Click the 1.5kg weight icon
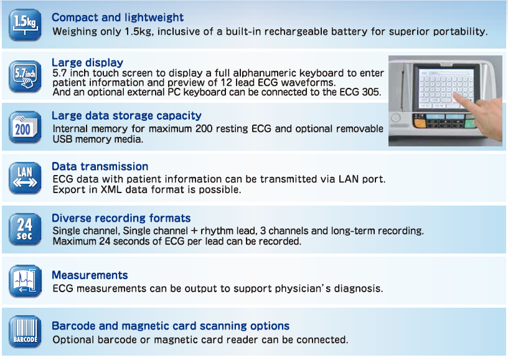point(25,25)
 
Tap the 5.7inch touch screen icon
point(25,76)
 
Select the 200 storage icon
point(25,127)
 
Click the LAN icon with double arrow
point(25,178)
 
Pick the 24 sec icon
point(25,229)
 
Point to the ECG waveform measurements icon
point(25,281)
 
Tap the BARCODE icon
point(25,331)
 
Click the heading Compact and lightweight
point(118,17)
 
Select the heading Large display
point(88,62)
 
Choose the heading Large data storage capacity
point(126,116)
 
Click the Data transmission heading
point(100,166)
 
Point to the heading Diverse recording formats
point(121,218)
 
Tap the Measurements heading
point(90,275)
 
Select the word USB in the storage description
point(62,140)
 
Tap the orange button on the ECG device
point(420,123)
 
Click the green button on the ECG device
point(469,124)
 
